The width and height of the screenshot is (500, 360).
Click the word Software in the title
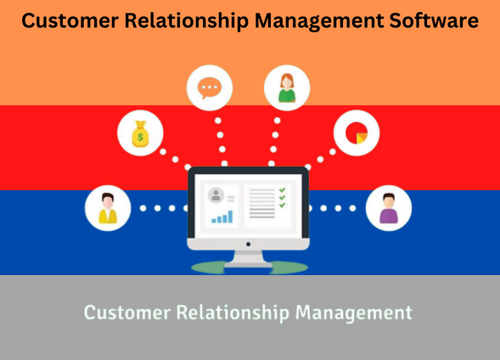(434, 20)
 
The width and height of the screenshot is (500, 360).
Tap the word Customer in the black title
(70, 20)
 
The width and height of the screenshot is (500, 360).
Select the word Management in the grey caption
(354, 312)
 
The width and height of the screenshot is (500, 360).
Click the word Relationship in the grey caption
(233, 312)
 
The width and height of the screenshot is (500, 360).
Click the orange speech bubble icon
(210, 87)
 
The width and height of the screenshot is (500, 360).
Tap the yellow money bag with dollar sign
(140, 134)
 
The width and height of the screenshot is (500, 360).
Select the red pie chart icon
(357, 133)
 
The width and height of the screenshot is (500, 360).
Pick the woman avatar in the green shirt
(287, 88)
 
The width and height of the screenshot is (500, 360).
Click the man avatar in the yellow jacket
(108, 208)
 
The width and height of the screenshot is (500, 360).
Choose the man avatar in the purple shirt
(389, 208)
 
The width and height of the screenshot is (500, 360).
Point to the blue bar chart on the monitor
(222, 217)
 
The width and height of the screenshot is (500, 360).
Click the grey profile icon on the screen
(216, 195)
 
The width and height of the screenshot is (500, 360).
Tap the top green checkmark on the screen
(282, 190)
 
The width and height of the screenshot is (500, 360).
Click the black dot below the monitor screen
(248, 245)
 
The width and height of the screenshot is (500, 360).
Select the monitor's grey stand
(249, 259)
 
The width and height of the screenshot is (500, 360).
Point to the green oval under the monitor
(250, 267)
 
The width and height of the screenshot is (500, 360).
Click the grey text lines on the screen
(262, 204)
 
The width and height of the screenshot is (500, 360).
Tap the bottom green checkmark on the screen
(282, 205)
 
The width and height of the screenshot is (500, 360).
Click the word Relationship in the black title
(187, 20)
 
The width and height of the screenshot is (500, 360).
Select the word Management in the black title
(319, 21)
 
